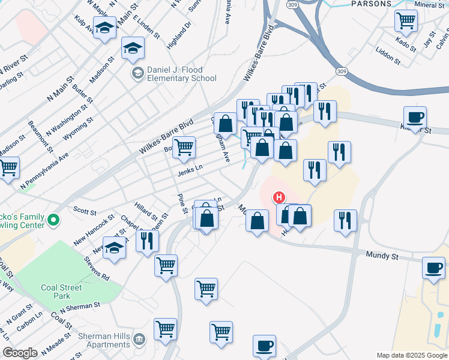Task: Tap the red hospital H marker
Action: (x=279, y=197)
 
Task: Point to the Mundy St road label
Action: (x=382, y=256)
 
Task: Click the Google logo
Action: (x=20, y=353)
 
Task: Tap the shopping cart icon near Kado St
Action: (x=406, y=21)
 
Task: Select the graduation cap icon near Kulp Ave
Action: (x=104, y=28)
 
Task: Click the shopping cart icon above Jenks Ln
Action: (x=184, y=146)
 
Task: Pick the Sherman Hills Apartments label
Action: (x=105, y=341)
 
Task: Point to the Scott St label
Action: (x=85, y=211)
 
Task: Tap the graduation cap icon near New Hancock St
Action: (x=114, y=247)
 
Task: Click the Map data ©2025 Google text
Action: (x=411, y=355)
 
